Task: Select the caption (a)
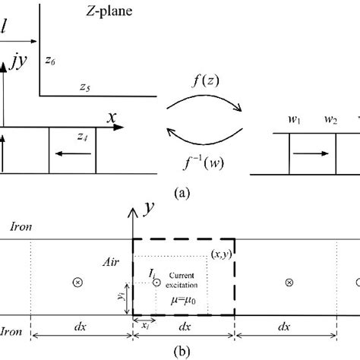[181, 194]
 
